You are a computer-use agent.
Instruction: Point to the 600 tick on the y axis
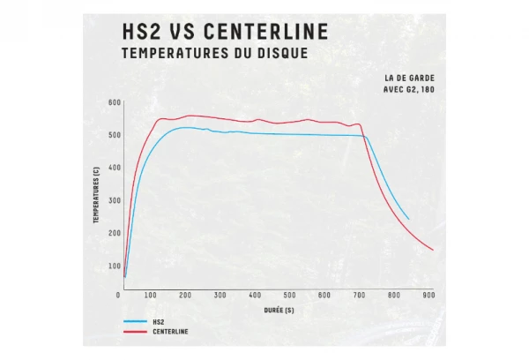(114, 102)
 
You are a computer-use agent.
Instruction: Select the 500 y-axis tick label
(114, 135)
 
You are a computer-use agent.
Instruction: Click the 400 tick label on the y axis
(114, 168)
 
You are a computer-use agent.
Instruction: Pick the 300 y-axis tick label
(114, 200)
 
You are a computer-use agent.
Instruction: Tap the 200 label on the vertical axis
(114, 233)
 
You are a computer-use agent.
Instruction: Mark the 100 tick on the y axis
(114, 266)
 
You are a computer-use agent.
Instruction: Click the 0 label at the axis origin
(118, 295)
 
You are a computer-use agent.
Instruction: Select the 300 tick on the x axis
(221, 295)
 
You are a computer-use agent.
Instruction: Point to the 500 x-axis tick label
(290, 295)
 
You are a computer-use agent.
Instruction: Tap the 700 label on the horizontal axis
(360, 295)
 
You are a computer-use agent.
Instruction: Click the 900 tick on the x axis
(428, 295)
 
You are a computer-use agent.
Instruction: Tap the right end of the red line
(433, 250)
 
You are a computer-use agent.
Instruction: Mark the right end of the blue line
(408, 218)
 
